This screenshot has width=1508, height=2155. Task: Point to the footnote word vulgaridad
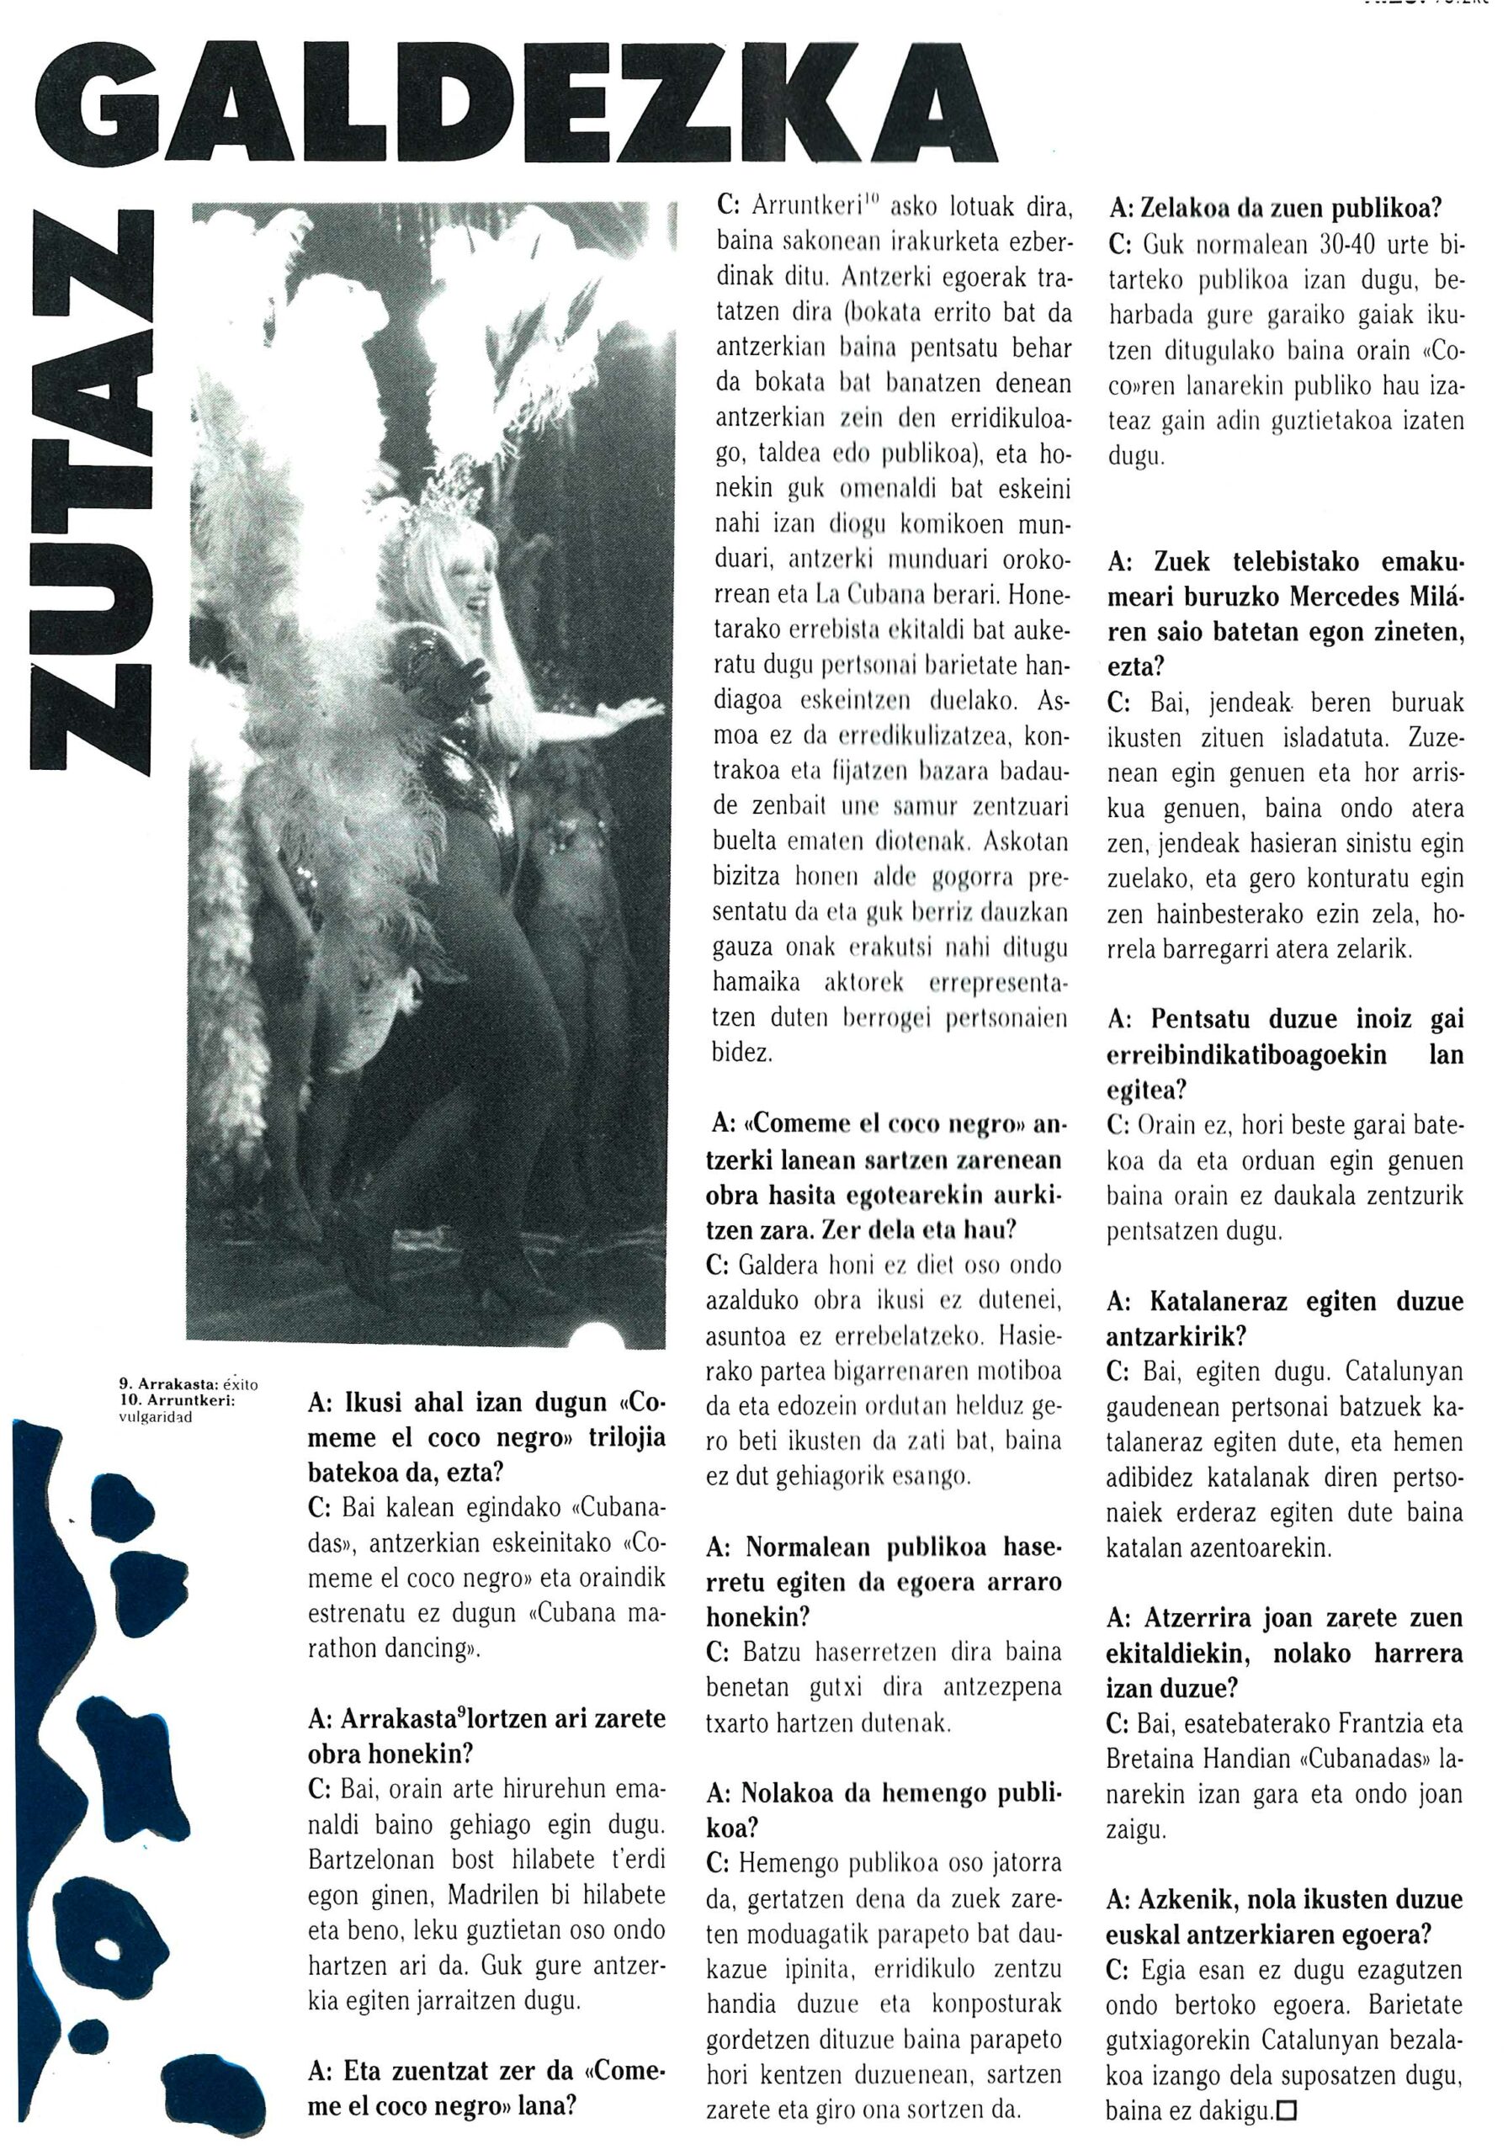click(x=154, y=1417)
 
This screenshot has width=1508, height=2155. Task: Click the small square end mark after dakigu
click(x=1286, y=2111)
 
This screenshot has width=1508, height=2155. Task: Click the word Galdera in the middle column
click(x=779, y=1266)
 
